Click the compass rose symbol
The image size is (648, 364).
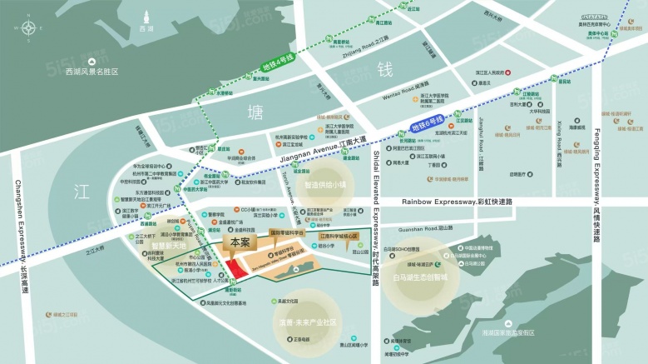pyautogui.click(x=29, y=28)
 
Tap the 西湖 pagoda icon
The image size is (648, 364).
pyautogui.click(x=147, y=17)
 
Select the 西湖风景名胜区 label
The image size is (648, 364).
pyautogui.click(x=92, y=72)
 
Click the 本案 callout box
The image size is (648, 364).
pyautogui.click(x=240, y=242)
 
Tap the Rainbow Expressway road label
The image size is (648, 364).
pyautogui.click(x=457, y=202)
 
